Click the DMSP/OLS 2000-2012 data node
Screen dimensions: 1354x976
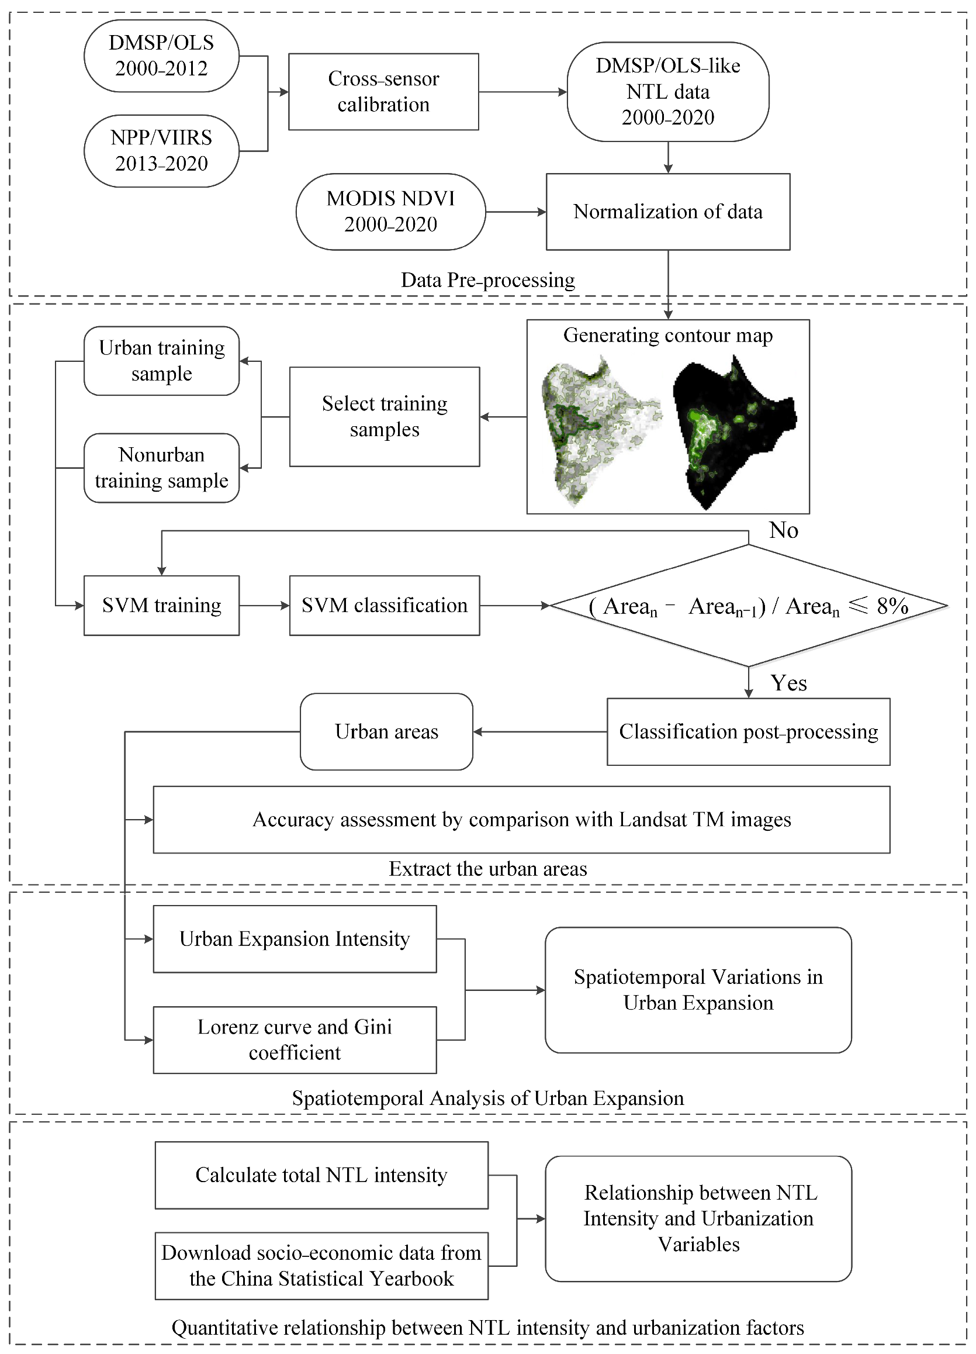pos(161,56)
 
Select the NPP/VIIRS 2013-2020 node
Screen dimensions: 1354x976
pos(161,150)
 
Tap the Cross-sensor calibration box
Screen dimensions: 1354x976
pos(383,91)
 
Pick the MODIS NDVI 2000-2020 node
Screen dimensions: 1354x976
pos(390,211)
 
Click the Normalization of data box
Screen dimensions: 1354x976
pos(667,211)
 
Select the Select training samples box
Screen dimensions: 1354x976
pos(385,416)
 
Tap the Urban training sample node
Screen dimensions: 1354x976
pos(161,361)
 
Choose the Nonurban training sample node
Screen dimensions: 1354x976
pos(161,468)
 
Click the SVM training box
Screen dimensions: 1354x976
pos(161,605)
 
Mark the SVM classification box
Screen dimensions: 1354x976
pos(385,605)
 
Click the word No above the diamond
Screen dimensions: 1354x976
pos(783,530)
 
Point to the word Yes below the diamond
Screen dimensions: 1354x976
pos(788,683)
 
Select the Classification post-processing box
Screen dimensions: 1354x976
pos(748,731)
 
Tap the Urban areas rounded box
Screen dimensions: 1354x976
pos(386,731)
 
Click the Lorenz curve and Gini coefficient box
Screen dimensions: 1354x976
pos(295,1039)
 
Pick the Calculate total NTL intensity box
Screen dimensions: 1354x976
pos(321,1175)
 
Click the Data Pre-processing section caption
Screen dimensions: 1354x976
pos(487,280)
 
